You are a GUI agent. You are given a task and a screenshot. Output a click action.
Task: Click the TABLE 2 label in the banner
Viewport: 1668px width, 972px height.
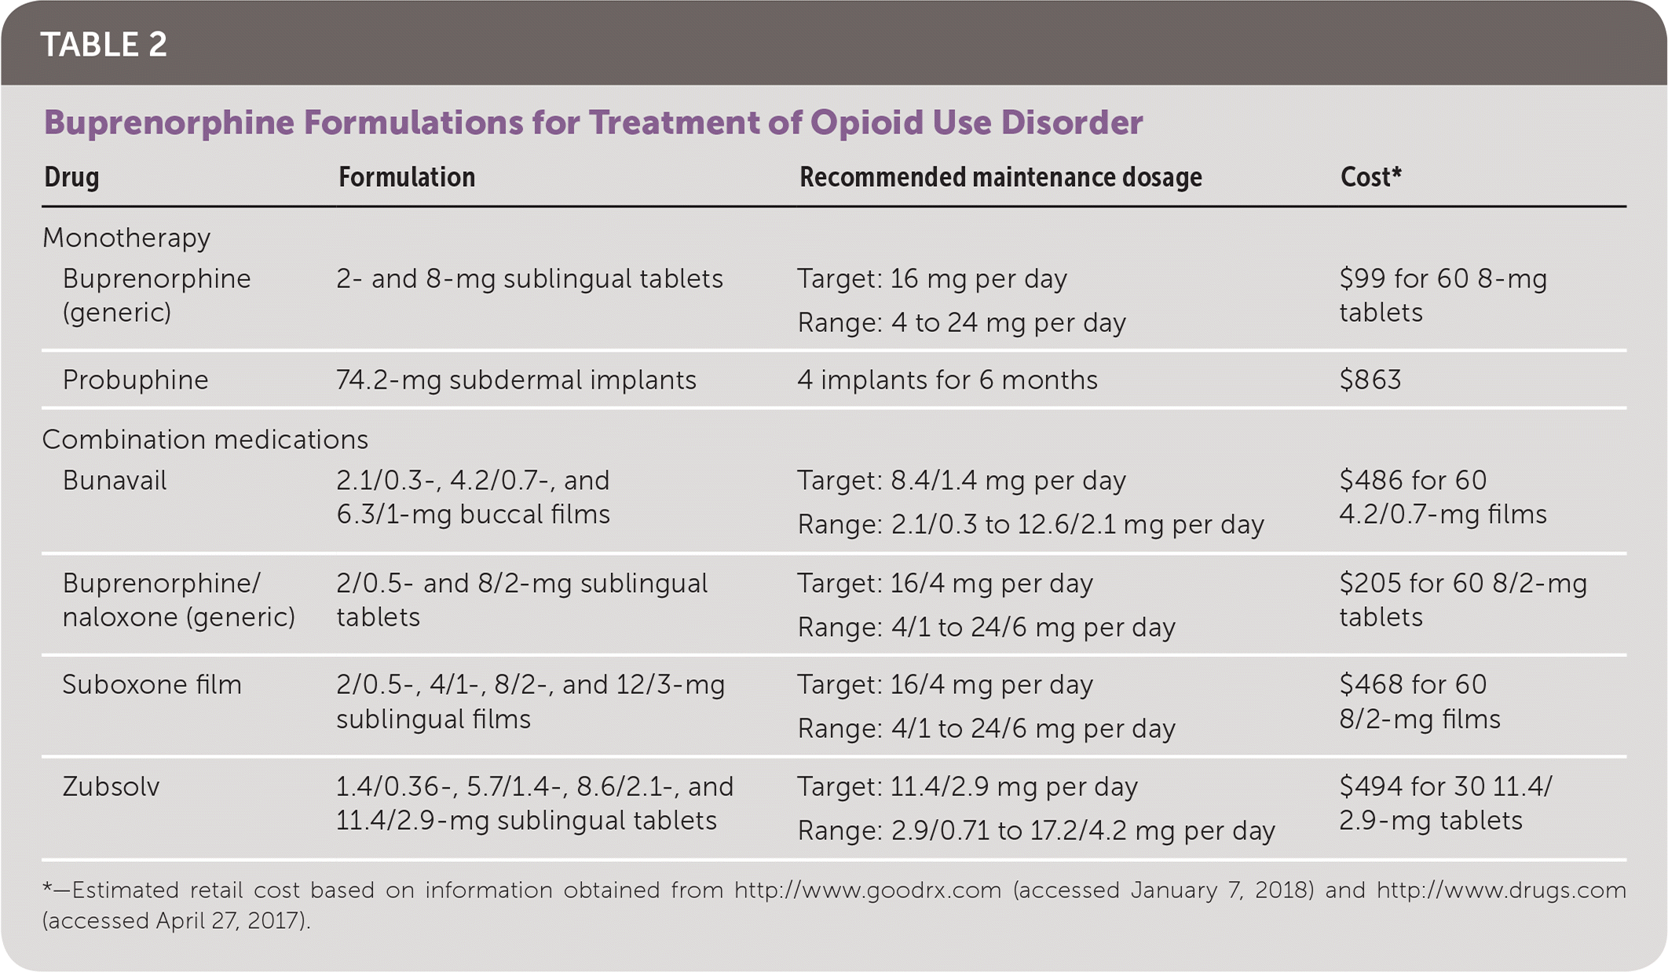coord(104,45)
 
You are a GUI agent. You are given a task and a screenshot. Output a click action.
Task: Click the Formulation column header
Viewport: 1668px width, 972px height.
coord(406,177)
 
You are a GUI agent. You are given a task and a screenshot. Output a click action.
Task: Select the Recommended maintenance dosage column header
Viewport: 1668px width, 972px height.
coord(1000,177)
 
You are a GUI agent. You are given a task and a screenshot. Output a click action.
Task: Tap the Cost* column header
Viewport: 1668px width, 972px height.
coord(1370,177)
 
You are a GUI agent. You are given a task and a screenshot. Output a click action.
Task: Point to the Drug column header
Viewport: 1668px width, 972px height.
coord(71,177)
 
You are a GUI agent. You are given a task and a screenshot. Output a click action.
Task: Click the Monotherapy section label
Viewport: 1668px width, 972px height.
coord(126,238)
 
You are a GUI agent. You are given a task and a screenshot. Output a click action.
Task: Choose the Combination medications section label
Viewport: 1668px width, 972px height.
coord(205,440)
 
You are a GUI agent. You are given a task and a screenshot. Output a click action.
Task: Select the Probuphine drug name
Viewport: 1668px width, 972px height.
coord(135,380)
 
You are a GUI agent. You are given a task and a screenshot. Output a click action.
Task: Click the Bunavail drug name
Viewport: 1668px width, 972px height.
coord(115,481)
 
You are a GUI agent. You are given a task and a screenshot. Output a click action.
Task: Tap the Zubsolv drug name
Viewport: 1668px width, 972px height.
coord(111,787)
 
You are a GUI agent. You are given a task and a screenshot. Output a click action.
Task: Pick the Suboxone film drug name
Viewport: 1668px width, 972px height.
coord(152,685)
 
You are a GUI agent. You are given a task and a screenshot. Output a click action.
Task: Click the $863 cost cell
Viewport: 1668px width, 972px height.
coord(1370,380)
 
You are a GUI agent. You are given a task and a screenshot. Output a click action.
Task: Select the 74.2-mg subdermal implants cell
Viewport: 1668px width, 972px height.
coord(516,380)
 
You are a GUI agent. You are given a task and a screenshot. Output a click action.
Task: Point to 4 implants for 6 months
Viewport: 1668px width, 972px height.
coord(947,380)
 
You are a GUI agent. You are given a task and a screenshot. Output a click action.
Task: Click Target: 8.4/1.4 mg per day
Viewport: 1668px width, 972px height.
coord(961,481)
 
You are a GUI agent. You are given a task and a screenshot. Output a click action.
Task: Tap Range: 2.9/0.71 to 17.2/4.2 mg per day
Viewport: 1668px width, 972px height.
coord(1036,831)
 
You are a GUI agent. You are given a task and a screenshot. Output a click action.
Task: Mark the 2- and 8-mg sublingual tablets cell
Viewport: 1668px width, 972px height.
coord(529,279)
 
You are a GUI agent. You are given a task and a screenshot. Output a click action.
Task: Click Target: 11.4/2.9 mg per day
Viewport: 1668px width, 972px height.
coord(967,787)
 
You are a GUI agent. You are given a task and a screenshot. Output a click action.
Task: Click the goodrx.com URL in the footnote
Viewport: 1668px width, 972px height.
coord(868,890)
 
